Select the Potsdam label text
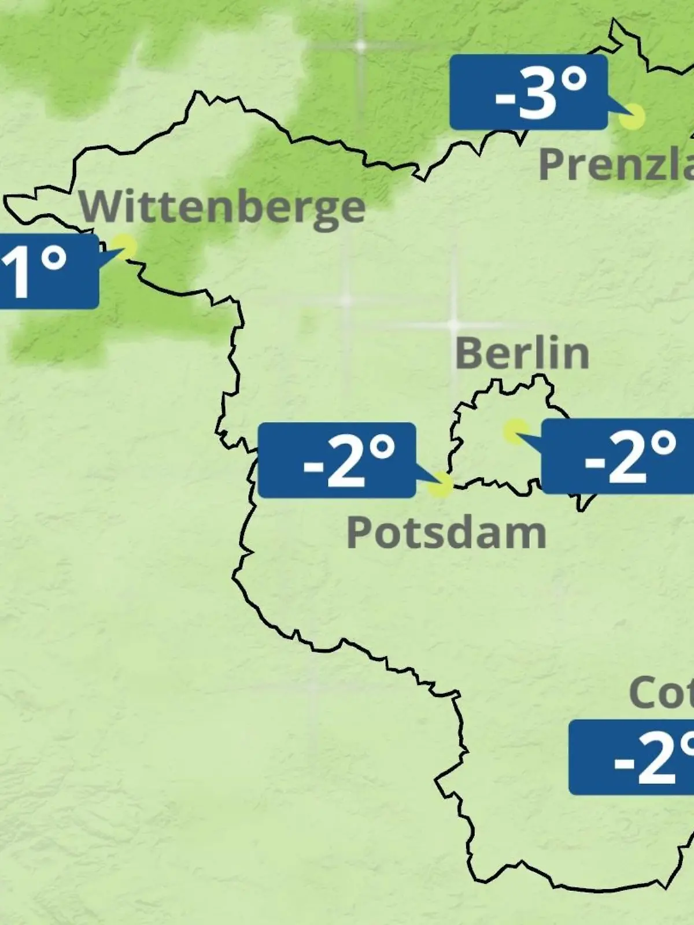click(x=446, y=532)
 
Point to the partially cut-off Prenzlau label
click(x=616, y=164)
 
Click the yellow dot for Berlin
click(x=515, y=431)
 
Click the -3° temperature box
click(x=529, y=92)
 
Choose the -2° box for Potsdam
click(x=337, y=460)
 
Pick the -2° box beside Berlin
click(x=617, y=457)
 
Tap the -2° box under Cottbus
click(x=632, y=757)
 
